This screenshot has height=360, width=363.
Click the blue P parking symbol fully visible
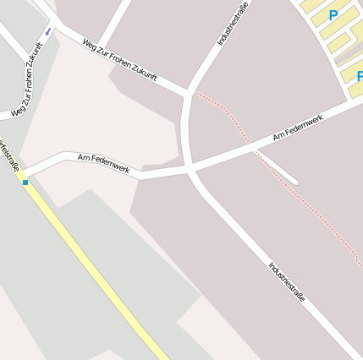(x=333, y=15)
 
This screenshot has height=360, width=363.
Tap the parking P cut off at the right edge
(x=359, y=76)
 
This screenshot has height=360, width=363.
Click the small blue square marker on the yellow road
(x=25, y=182)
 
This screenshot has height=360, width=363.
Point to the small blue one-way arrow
(x=47, y=31)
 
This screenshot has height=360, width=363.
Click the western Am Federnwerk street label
(x=103, y=163)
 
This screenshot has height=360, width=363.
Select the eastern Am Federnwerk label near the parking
(x=298, y=129)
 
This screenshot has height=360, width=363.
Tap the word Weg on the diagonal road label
(x=90, y=44)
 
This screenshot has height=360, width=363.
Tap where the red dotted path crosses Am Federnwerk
(x=251, y=150)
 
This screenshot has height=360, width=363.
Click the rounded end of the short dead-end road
(x=294, y=180)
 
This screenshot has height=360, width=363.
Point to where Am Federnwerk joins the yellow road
(x=28, y=174)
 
